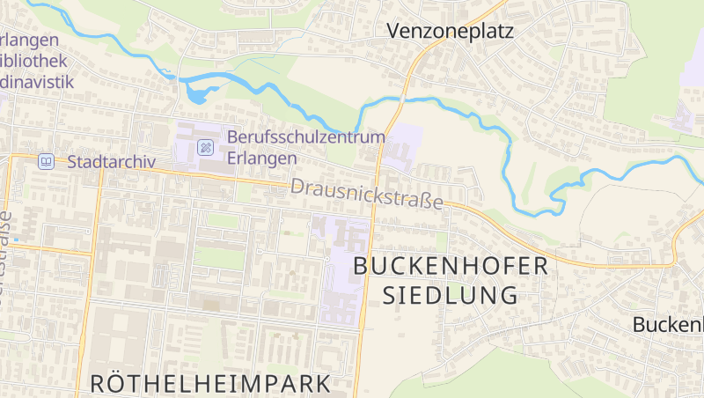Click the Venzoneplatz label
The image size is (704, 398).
click(x=450, y=32)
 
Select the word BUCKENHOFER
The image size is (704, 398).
click(x=451, y=266)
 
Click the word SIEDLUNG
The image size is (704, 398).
click(x=451, y=296)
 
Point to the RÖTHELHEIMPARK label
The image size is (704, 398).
click(x=210, y=383)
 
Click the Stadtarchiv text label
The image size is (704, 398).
click(x=111, y=162)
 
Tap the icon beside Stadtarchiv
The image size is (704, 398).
click(x=46, y=162)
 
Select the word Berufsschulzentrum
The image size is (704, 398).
click(x=306, y=137)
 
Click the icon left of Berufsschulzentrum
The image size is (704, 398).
click(x=205, y=147)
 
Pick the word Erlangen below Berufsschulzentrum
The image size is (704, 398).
click(x=261, y=158)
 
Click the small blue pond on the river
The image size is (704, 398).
click(x=197, y=92)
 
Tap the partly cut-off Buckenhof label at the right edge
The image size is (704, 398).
click(x=668, y=324)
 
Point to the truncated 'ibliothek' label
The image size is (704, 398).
click(x=34, y=61)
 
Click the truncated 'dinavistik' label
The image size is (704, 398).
click(x=36, y=81)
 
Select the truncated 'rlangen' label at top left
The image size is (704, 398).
click(x=30, y=40)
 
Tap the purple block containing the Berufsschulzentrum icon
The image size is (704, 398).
click(x=199, y=145)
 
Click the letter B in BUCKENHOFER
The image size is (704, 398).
click(x=362, y=266)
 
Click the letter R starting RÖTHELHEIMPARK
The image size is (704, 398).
click(x=99, y=383)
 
